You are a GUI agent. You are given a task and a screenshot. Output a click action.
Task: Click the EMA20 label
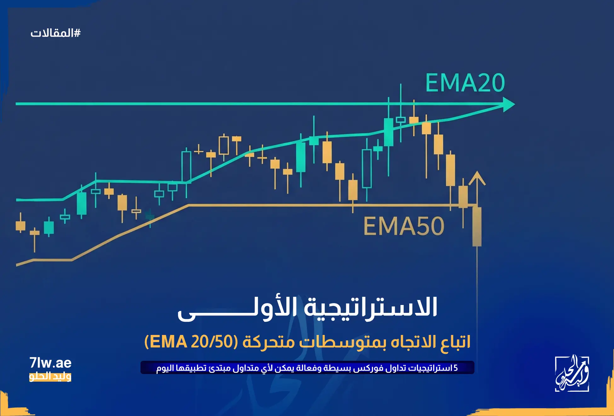click(465, 83)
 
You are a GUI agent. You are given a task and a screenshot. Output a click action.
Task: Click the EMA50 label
click(404, 226)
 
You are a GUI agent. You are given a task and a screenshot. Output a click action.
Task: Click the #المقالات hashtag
click(55, 33)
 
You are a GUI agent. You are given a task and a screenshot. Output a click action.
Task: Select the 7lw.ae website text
click(50, 363)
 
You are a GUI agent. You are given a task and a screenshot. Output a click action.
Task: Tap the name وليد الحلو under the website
click(50, 376)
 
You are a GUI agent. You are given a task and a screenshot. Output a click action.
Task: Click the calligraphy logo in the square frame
click(572, 374)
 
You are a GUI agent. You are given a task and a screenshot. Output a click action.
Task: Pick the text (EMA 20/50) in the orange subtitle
click(191, 342)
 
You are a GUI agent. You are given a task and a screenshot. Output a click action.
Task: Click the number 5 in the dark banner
click(456, 368)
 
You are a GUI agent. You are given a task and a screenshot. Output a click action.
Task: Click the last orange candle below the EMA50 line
click(477, 226)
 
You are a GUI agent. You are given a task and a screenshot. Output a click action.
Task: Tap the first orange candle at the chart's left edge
click(20, 226)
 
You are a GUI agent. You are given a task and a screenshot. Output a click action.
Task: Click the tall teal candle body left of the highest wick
click(388, 132)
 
